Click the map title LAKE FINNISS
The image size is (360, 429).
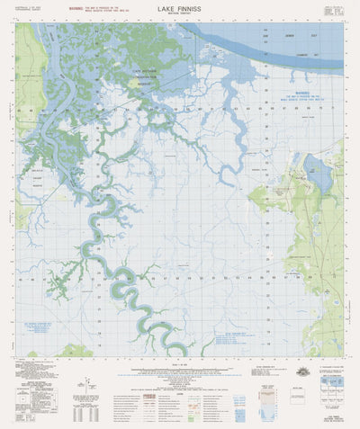[x=180, y=8]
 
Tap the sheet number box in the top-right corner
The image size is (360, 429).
[x=333, y=11]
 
